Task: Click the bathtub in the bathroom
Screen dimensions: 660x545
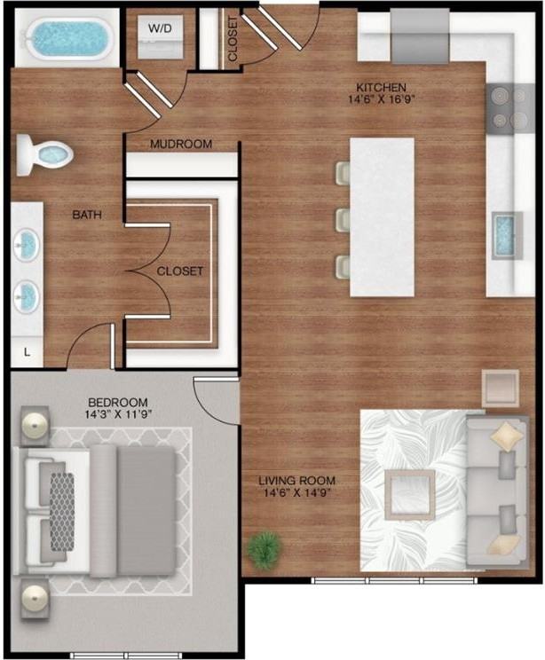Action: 64,37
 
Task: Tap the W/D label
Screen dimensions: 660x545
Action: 160,27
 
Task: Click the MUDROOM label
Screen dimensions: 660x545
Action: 180,144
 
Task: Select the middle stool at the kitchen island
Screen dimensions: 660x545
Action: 343,219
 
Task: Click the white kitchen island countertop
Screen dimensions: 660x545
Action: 382,217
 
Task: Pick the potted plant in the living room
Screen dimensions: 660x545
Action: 263,549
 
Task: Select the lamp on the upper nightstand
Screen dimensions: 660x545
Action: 36,426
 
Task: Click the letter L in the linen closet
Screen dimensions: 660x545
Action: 27,352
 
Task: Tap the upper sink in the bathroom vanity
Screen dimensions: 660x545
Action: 28,244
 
